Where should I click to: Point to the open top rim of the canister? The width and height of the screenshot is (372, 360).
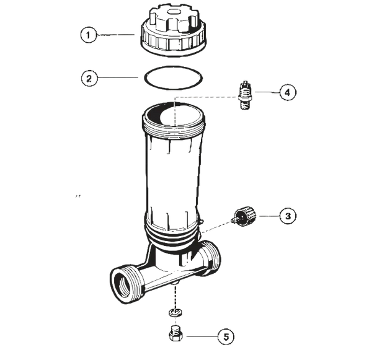173,115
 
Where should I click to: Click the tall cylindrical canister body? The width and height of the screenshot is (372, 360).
173,173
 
